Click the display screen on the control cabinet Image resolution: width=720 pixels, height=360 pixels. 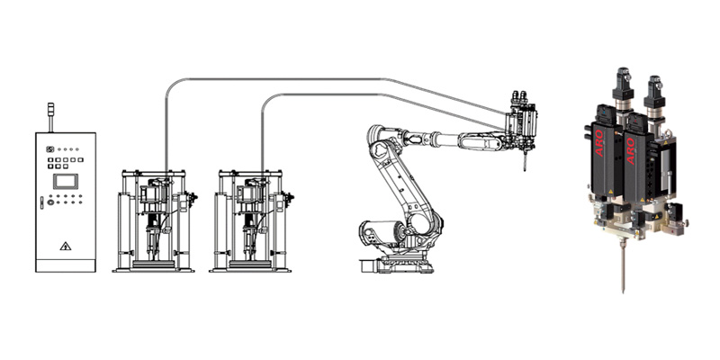click(x=65, y=181)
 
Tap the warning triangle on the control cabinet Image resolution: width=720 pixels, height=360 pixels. click(x=65, y=247)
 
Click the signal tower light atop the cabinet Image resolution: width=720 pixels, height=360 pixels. click(x=50, y=117)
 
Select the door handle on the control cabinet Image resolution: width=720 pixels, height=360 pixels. click(x=41, y=202)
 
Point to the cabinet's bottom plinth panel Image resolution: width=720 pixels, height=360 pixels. click(x=66, y=265)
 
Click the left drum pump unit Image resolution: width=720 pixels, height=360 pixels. click(x=154, y=220)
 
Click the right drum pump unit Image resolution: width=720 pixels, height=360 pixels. click(x=251, y=220)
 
